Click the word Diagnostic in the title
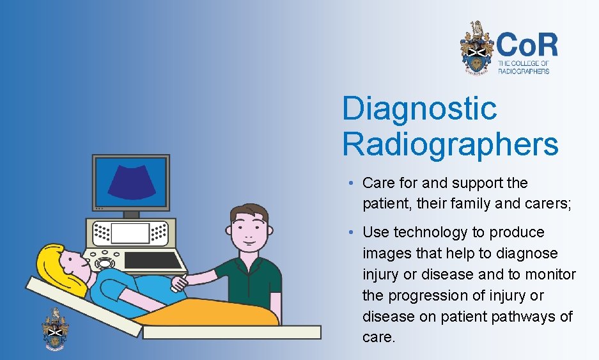point(419,109)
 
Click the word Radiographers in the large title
point(450,145)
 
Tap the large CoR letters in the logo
point(527,45)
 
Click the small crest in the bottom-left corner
point(56,328)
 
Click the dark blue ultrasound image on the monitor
point(131,181)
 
